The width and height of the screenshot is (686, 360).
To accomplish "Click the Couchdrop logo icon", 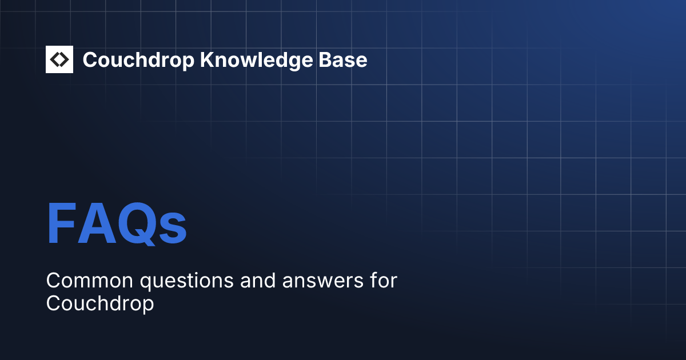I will pyautogui.click(x=59, y=59).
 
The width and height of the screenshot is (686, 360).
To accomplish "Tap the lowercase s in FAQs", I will pyautogui.click(x=172, y=229).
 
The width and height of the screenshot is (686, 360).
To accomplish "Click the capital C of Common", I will pyautogui.click(x=53, y=281).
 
